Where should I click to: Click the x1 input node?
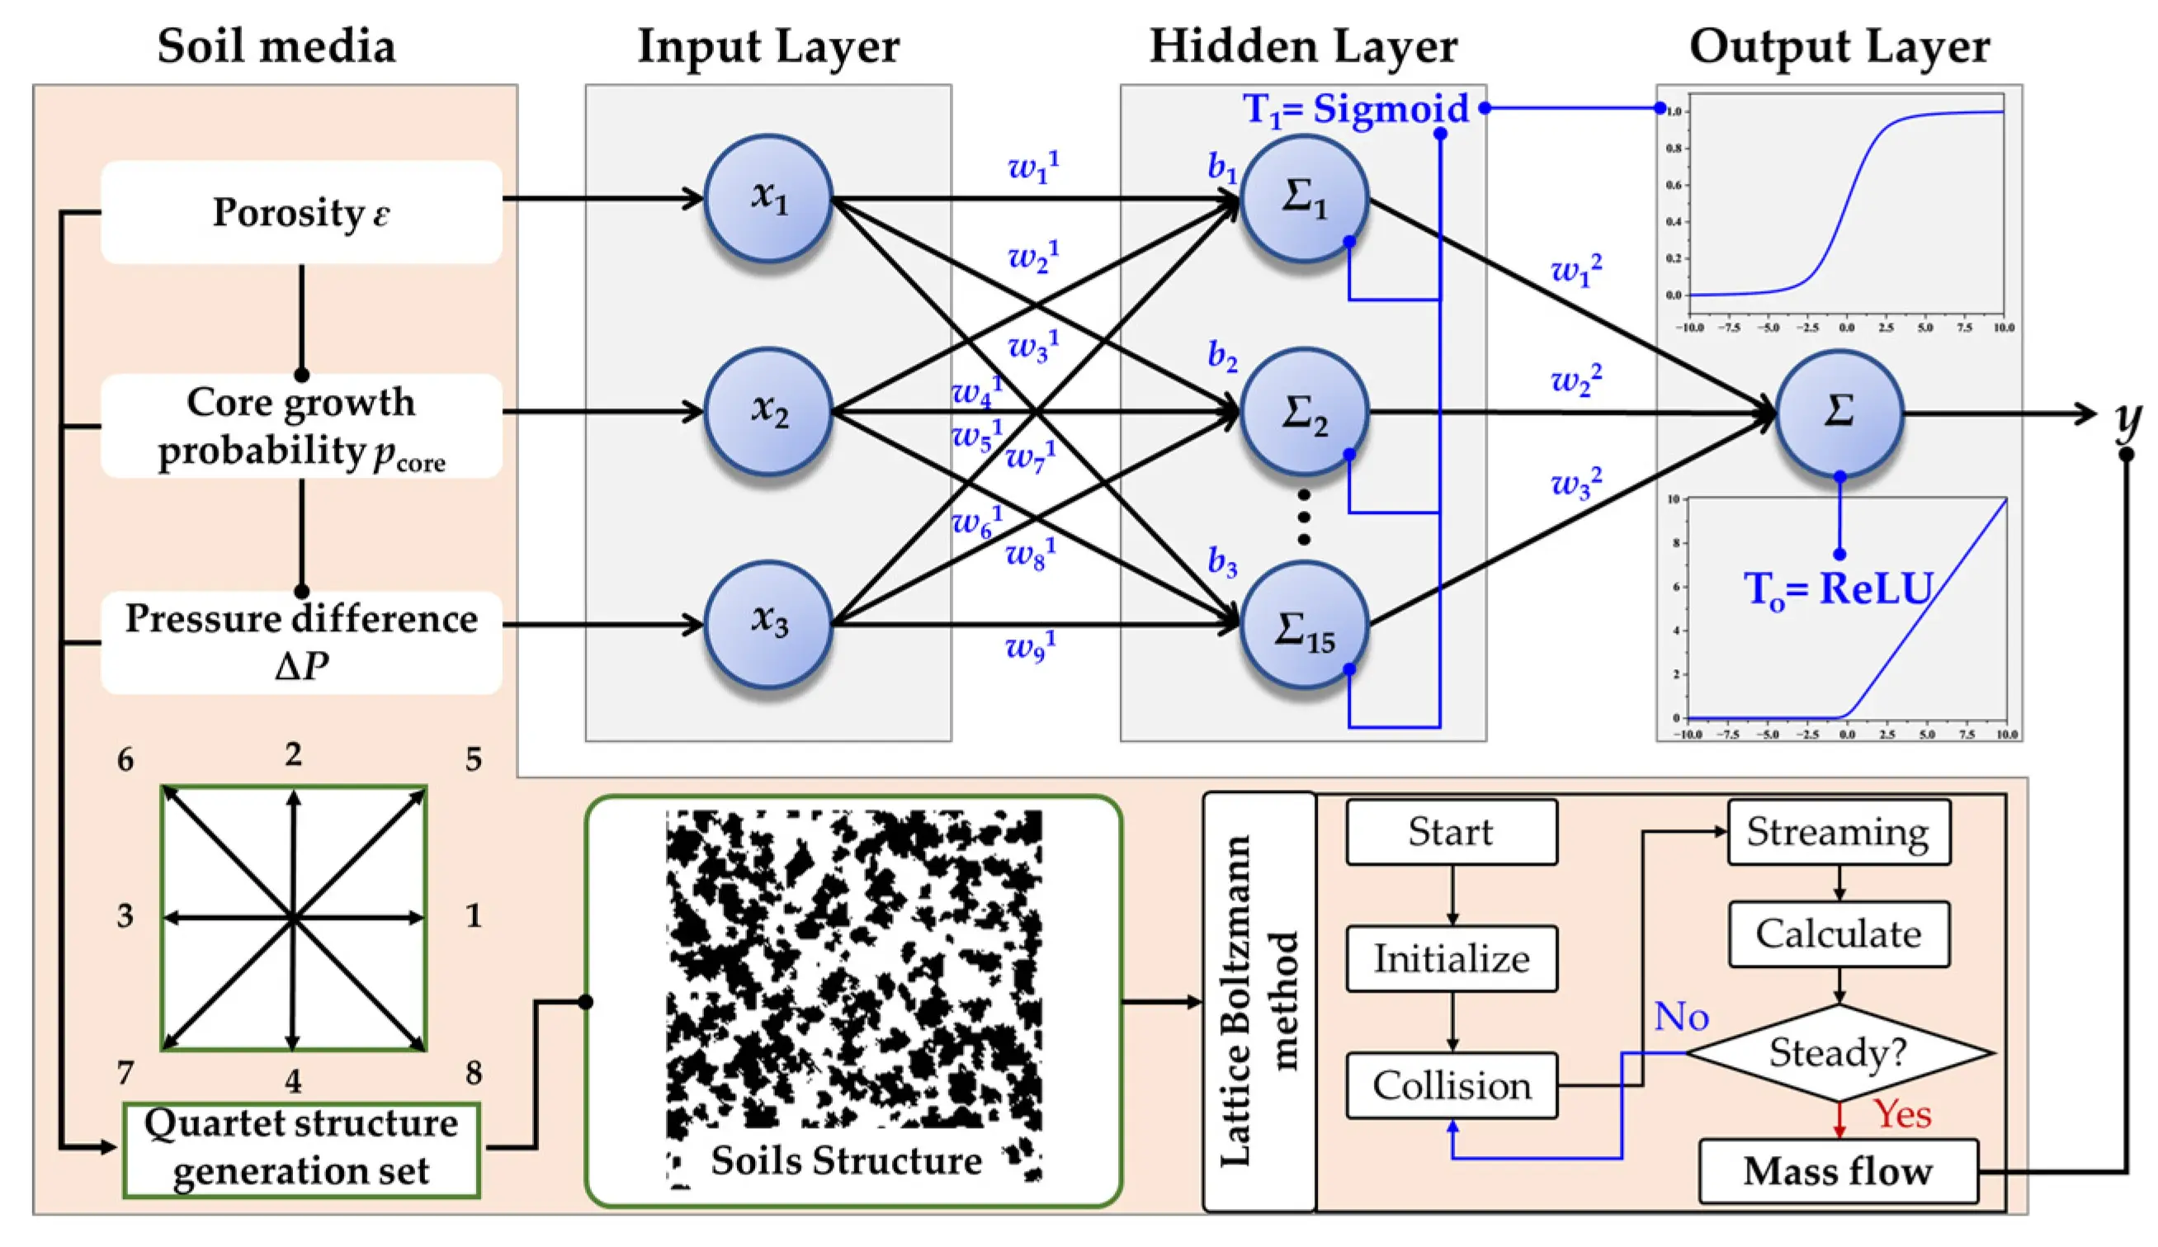coord(768,198)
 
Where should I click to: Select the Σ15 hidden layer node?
coord(1303,626)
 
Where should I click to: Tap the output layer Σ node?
coord(1839,413)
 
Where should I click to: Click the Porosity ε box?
coord(300,212)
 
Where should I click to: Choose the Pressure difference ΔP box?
coord(300,641)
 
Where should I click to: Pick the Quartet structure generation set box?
coord(300,1149)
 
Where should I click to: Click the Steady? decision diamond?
coord(1839,1051)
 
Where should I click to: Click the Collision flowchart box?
coord(1452,1085)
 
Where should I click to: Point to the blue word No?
coord(1681,1017)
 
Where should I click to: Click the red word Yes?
coord(1903,1114)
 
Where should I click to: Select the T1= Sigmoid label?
coord(1356,110)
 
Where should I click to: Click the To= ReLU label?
coord(1839,589)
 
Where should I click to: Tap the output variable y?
coord(2127,420)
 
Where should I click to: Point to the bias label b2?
coord(1222,356)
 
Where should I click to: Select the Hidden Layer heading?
coord(1302,46)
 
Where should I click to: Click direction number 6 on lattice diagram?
coord(125,760)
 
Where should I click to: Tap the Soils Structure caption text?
coord(846,1160)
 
